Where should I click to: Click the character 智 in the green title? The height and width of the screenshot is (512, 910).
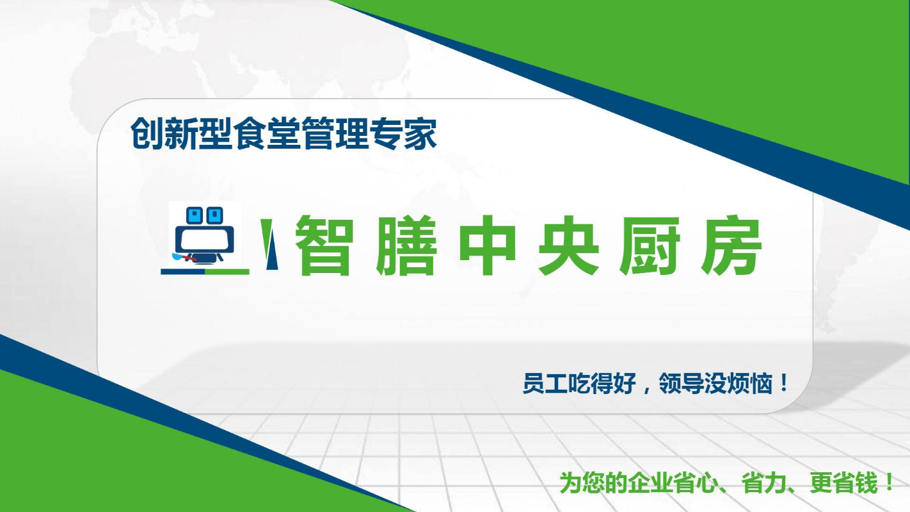coord(324,245)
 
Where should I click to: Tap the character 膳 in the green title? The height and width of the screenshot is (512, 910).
coord(406,245)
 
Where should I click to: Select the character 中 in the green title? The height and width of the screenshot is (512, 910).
coord(487,245)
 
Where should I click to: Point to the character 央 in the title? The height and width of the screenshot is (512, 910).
coord(568,245)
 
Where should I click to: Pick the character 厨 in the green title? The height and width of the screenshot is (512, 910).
coord(650,245)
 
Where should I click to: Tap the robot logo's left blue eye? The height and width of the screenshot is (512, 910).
coord(194,215)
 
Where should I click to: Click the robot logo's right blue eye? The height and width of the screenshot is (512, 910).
coord(215,215)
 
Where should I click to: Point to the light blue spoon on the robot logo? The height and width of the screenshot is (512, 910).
coord(178,256)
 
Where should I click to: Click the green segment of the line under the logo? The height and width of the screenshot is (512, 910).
coord(227,272)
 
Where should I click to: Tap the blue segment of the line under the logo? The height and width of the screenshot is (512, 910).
coord(183,272)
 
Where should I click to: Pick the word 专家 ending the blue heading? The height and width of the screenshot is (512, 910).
coord(403,133)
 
